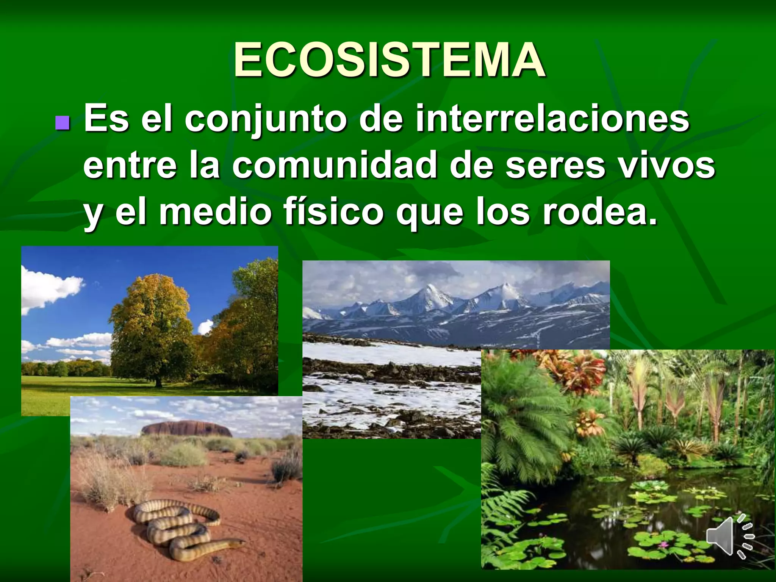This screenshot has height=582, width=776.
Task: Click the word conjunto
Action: point(265,119)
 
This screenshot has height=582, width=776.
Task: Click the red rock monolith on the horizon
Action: point(185,428)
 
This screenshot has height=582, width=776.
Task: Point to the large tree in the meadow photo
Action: point(152,326)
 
